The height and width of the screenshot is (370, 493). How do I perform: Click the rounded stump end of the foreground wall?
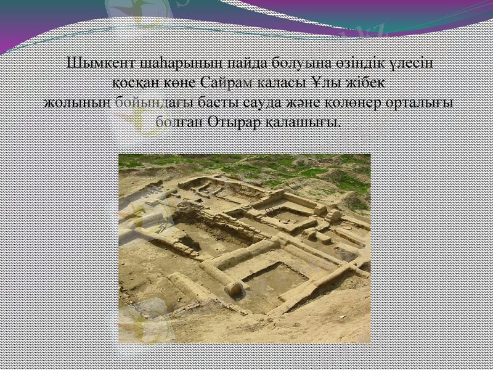(x=232, y=289)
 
